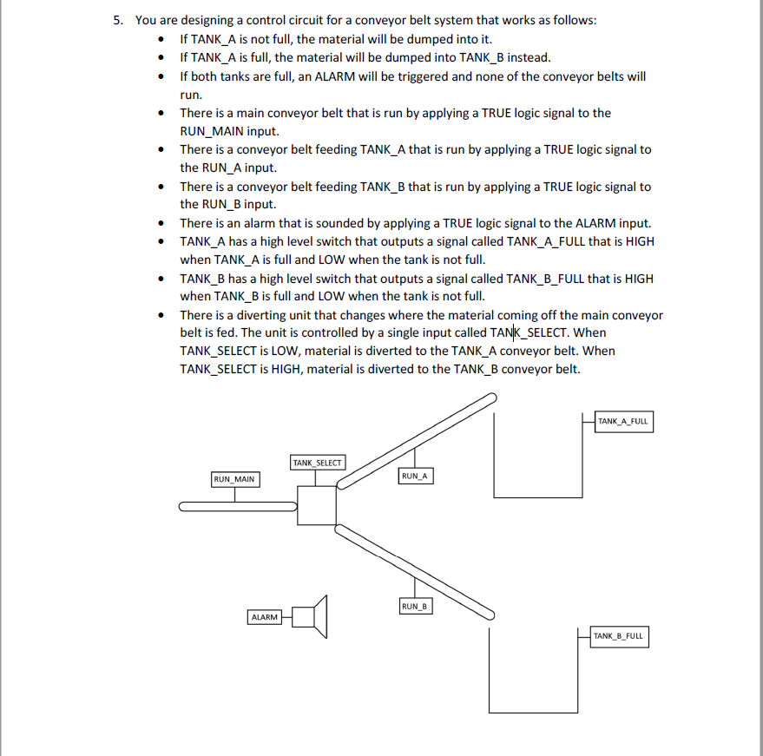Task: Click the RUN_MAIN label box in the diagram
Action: pyautogui.click(x=234, y=479)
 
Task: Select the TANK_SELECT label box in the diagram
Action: pyautogui.click(x=317, y=463)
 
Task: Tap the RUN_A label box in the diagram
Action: pyautogui.click(x=415, y=477)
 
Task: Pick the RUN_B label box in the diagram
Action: pyautogui.click(x=415, y=606)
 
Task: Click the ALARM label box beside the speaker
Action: pyautogui.click(x=264, y=617)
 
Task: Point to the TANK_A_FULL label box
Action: pyautogui.click(x=622, y=422)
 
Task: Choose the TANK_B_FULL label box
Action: pyautogui.click(x=618, y=636)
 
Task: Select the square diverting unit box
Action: pyautogui.click(x=317, y=506)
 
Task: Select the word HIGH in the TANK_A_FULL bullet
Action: pyautogui.click(x=639, y=242)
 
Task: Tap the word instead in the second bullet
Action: pyautogui.click(x=529, y=57)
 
